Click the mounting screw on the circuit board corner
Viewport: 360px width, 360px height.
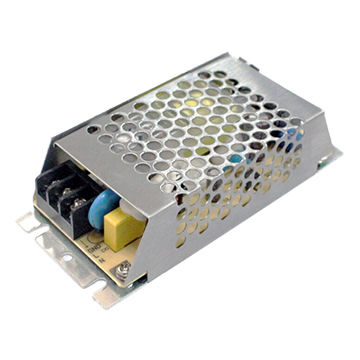[123, 268]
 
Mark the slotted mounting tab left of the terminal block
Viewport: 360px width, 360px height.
[29, 222]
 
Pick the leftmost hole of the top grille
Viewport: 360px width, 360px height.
[93, 130]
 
